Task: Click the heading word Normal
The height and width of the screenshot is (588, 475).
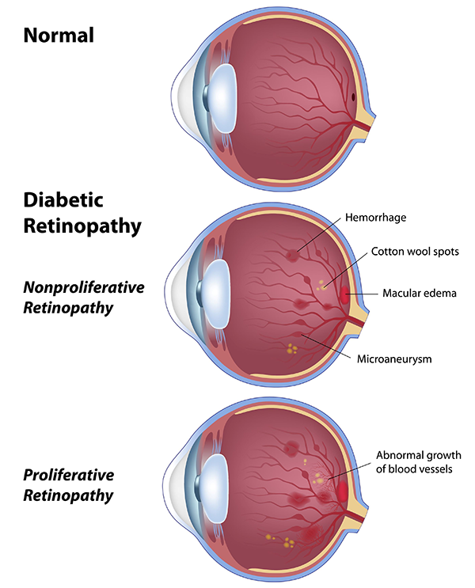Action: [59, 34]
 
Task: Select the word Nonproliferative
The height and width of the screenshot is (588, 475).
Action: [83, 286]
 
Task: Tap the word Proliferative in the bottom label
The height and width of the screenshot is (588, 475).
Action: [68, 475]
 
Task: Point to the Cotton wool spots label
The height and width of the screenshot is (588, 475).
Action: [415, 252]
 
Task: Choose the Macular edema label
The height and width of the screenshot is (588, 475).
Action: [420, 293]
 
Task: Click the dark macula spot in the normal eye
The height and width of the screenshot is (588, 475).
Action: [352, 99]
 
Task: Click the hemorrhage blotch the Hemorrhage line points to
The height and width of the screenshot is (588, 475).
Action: [294, 255]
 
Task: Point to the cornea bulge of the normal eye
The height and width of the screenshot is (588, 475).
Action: [181, 98]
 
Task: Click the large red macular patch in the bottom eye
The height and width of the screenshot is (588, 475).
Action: [343, 492]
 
